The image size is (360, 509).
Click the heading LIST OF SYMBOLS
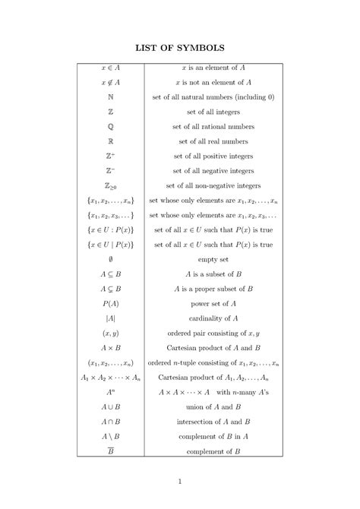(x=180, y=48)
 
